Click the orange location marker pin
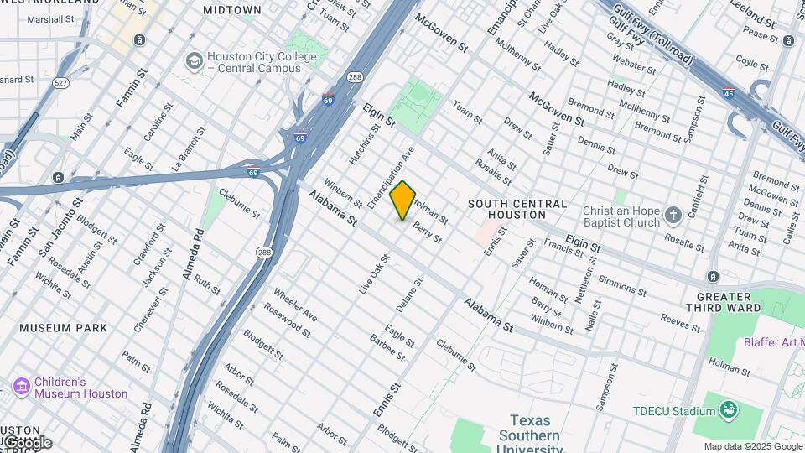tap(402, 200)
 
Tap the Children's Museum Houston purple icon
tap(21, 386)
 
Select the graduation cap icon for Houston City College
tap(195, 60)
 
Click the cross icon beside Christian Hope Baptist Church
tap(673, 216)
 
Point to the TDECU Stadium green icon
tap(729, 410)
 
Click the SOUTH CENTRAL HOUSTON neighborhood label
tap(517, 210)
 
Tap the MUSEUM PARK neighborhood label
tap(64, 328)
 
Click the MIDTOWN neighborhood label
tap(232, 10)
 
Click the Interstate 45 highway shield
tap(728, 94)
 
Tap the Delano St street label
tap(409, 294)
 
